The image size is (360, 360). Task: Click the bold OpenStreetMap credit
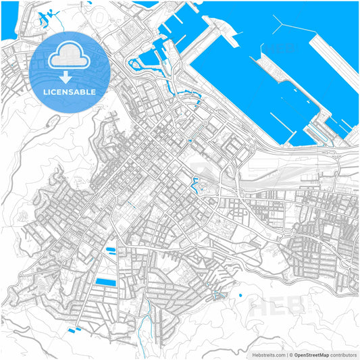pos(311,354)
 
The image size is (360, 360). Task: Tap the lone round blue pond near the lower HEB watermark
pos(239,295)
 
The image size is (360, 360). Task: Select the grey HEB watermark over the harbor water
pos(273,49)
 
